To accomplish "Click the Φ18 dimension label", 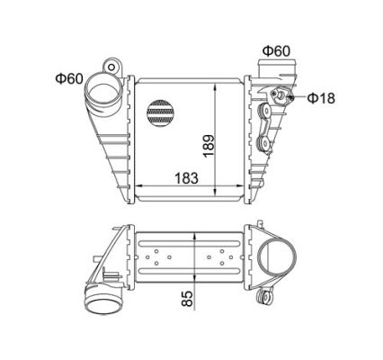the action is point(321,98).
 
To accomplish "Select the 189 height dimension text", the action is point(209,146).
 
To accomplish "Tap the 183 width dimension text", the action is point(186,178).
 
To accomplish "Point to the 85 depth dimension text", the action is point(187,298).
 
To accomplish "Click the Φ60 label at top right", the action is point(276,51).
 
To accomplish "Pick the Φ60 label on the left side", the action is point(68,78).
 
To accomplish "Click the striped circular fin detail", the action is point(160,112).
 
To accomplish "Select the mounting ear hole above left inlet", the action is point(111,67).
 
